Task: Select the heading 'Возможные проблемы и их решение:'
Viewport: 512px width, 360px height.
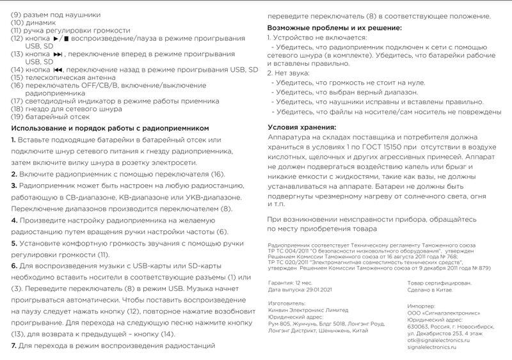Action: pyautogui.click(x=333, y=29)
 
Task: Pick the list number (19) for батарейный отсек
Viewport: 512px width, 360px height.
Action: pyautogui.click(x=17, y=116)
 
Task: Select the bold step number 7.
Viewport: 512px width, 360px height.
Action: pyautogui.click(x=13, y=345)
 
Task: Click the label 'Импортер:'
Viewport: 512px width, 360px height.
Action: pyautogui.click(x=422, y=306)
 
